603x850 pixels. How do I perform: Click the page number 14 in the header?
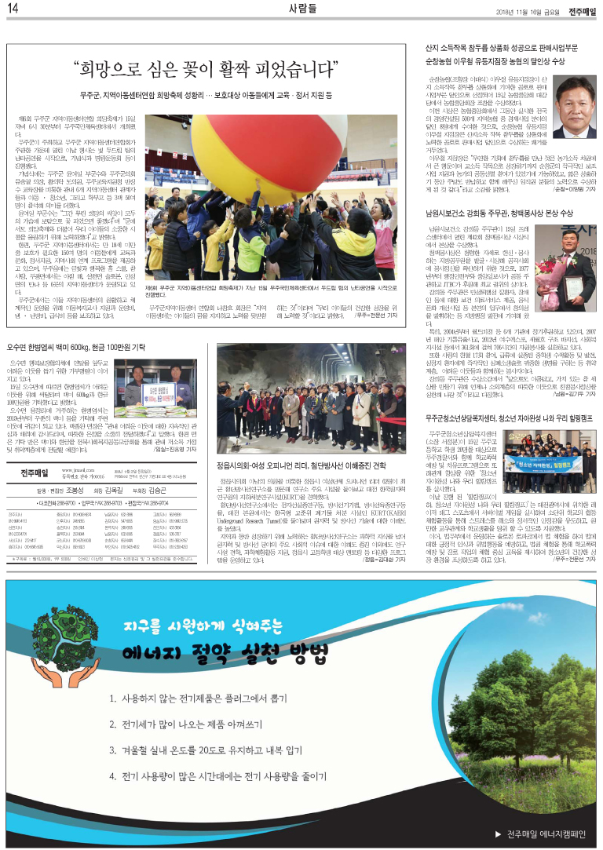point(13,9)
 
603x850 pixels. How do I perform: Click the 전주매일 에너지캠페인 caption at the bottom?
point(542,834)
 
